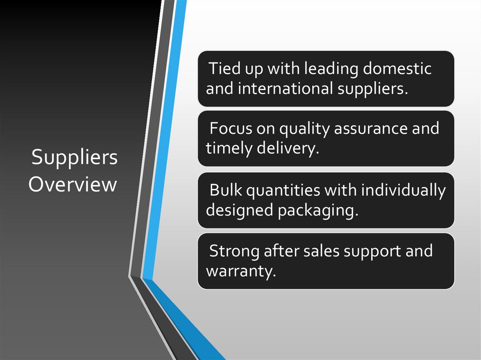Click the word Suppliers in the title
[x=74, y=159]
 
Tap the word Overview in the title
[x=72, y=184]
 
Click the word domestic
[x=397, y=69]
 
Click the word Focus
[x=231, y=128]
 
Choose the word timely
[x=229, y=149]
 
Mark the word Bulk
[x=226, y=190]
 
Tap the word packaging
[x=318, y=211]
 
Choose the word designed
[x=240, y=211]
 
